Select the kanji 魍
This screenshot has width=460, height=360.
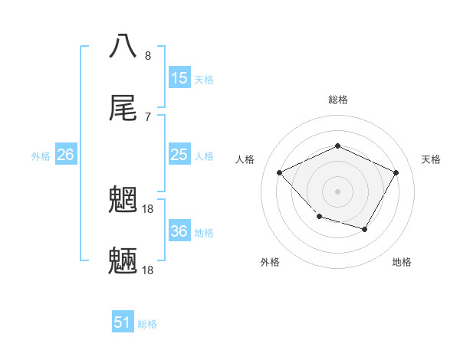[x=123, y=199]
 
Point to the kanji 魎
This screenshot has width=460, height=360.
[x=123, y=261]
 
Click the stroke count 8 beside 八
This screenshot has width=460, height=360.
[x=148, y=55]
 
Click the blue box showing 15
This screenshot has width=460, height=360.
[x=179, y=78]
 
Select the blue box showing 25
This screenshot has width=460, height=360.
[x=179, y=155]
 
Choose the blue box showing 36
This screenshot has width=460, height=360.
[x=179, y=231]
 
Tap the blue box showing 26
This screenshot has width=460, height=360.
[x=66, y=155]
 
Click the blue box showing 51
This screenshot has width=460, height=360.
[x=123, y=322]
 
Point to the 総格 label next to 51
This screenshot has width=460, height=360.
[x=147, y=324]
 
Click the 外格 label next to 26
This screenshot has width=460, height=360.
[x=41, y=156]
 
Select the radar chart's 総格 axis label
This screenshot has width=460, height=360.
[x=337, y=100]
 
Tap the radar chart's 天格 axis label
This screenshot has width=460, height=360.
[x=431, y=159]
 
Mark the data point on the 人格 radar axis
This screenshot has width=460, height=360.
[x=280, y=173]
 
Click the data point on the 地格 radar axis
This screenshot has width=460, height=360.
[x=365, y=229]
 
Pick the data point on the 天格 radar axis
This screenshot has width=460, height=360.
[x=396, y=172]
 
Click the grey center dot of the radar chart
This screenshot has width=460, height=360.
[x=337, y=191]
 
